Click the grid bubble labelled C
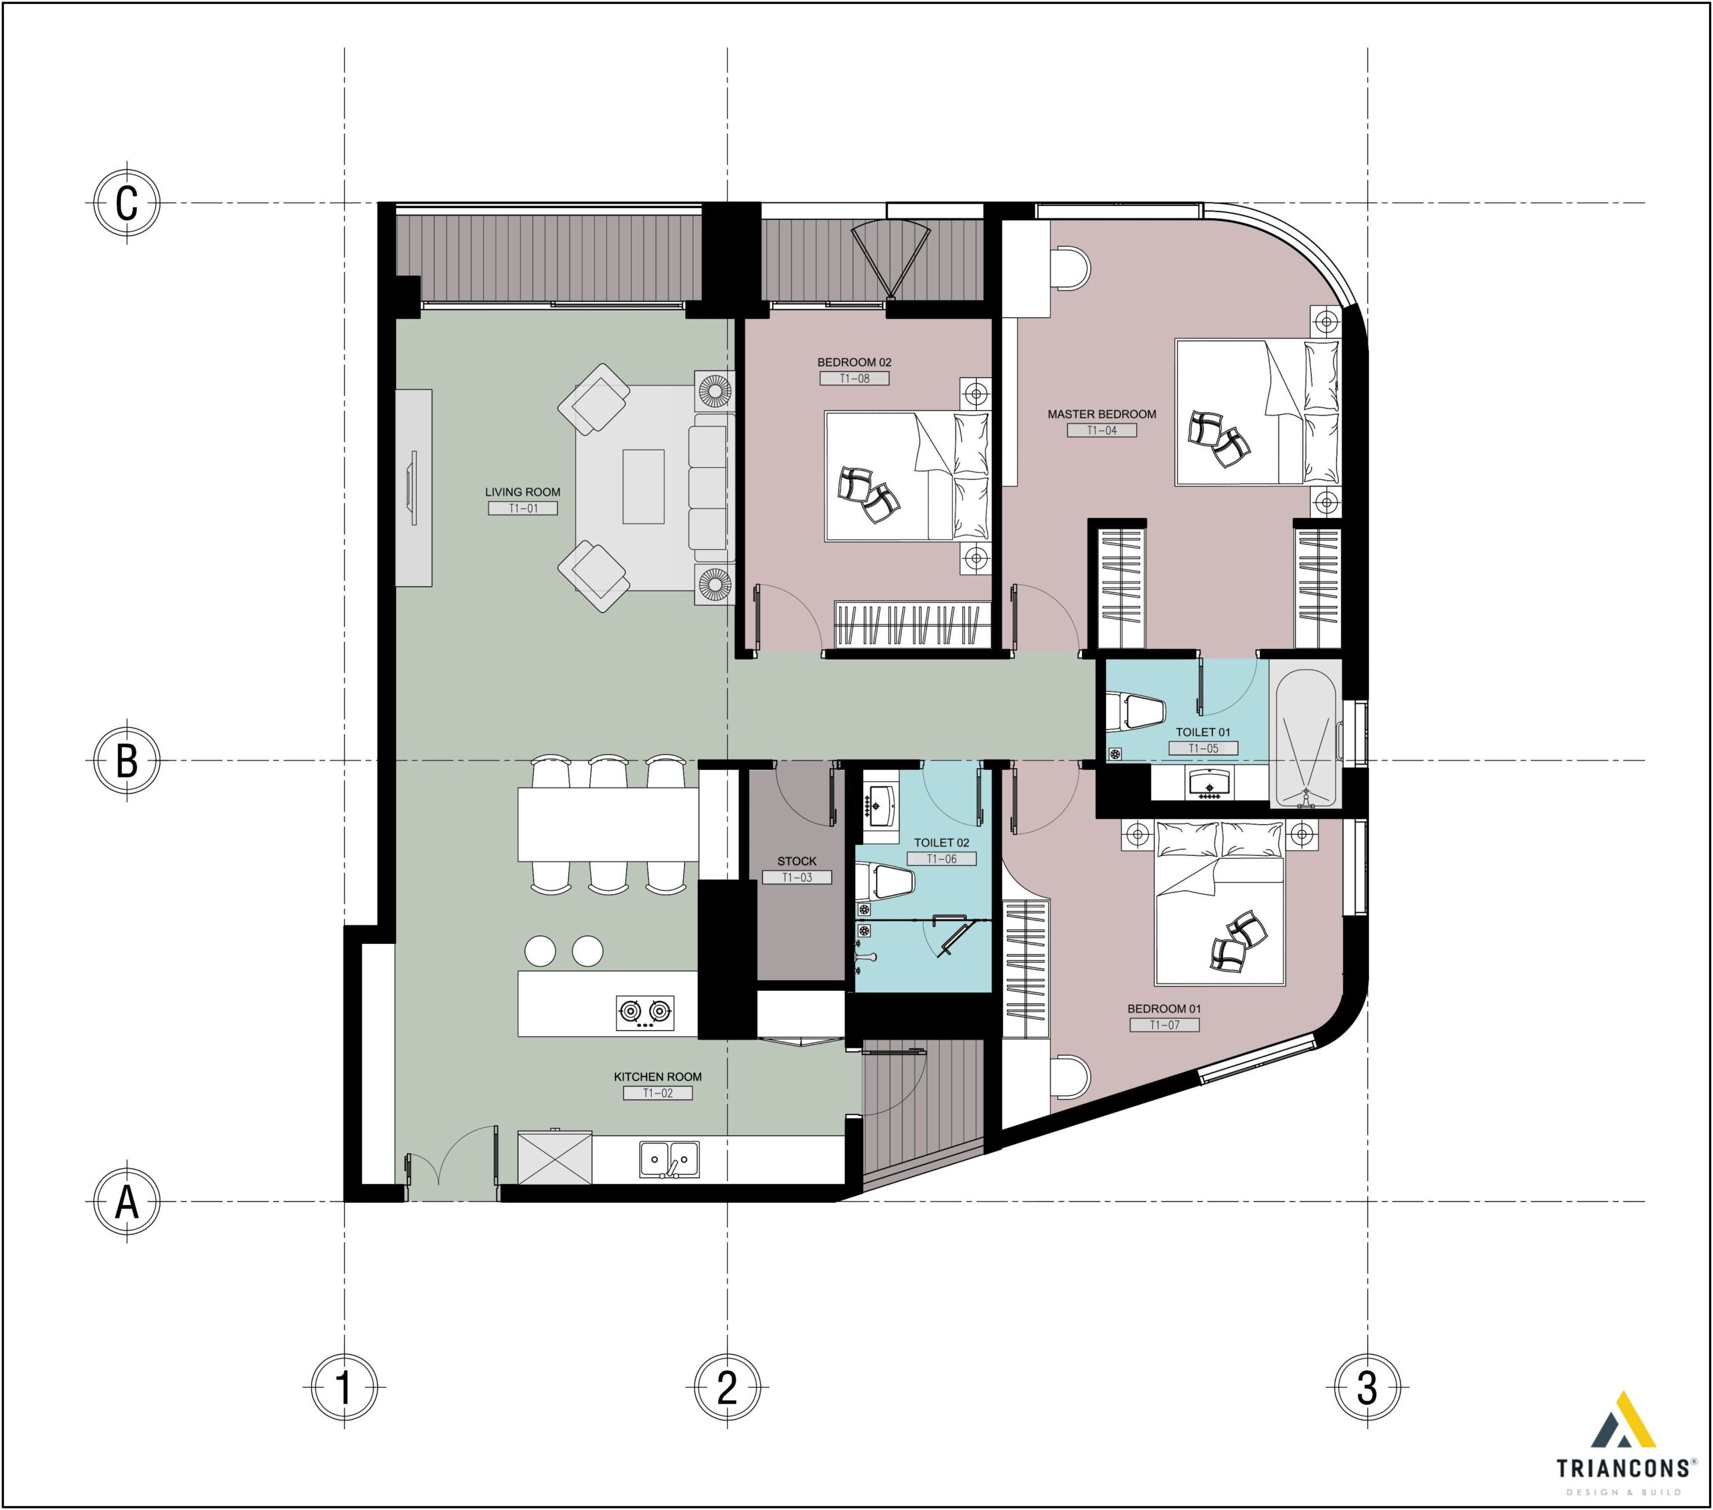pyautogui.click(x=126, y=203)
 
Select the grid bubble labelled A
pyautogui.click(x=126, y=1201)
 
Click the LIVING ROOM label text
pyautogui.click(x=522, y=492)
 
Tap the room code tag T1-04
pyautogui.click(x=1101, y=430)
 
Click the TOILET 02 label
pyautogui.click(x=941, y=842)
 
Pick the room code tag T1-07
pyautogui.click(x=1164, y=1025)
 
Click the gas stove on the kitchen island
pyautogui.click(x=644, y=1012)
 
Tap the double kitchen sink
pyautogui.click(x=668, y=1159)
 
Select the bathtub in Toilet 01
pyautogui.click(x=1305, y=734)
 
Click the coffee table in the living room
pyautogui.click(x=643, y=487)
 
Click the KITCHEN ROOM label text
pyautogui.click(x=657, y=1076)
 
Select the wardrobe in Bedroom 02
pyautogui.click(x=911, y=624)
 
